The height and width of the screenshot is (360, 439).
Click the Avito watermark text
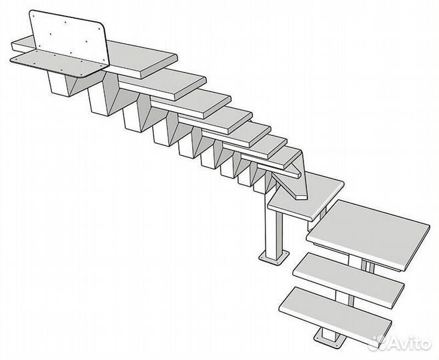coord(410,343)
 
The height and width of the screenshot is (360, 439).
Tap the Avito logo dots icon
coord(378,341)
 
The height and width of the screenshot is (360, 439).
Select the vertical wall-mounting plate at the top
coord(69,37)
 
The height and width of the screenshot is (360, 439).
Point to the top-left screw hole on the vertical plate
coord(34,16)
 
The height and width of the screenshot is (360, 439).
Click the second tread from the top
coord(162,83)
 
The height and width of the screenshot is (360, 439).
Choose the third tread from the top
coord(191,103)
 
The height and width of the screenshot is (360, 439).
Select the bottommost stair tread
coord(336,317)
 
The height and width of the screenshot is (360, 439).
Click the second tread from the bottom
coord(348,281)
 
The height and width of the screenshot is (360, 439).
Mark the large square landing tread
coord(368,235)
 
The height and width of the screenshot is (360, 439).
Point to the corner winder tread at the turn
coord(306,197)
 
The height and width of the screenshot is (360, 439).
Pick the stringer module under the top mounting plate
coord(63,83)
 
